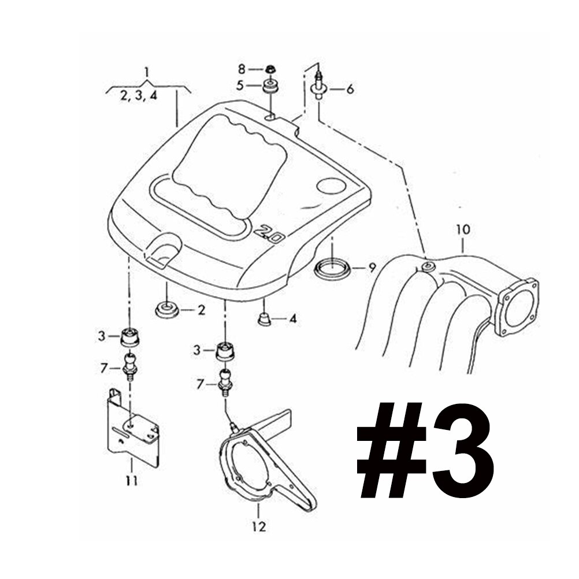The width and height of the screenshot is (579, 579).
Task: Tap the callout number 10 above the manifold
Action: (463, 229)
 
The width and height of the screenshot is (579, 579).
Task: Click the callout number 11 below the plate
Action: (132, 480)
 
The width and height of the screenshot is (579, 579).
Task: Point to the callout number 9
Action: (372, 268)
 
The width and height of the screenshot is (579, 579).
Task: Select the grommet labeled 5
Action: (269, 87)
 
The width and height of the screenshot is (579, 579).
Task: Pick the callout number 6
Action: (350, 89)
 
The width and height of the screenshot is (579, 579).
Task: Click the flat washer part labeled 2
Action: (167, 310)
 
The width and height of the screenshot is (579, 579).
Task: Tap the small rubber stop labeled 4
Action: (263, 318)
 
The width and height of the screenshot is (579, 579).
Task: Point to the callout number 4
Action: (293, 318)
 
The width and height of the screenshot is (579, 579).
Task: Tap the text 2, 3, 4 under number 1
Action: (139, 96)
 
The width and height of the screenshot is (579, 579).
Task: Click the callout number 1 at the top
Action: (147, 73)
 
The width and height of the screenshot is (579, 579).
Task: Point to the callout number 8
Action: (242, 69)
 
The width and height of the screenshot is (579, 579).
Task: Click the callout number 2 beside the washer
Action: (201, 310)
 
